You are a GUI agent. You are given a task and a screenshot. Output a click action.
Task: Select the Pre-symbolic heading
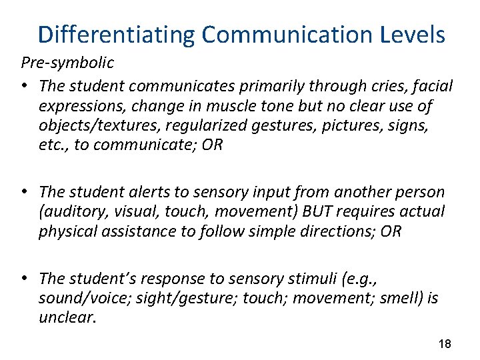point(67,63)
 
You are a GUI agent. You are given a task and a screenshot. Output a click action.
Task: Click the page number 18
point(445,344)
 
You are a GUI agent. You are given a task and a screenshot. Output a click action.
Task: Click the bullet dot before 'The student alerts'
point(24,192)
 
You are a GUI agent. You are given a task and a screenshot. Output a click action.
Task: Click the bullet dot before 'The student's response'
point(24,278)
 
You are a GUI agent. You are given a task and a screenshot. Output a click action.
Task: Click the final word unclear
point(67,317)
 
